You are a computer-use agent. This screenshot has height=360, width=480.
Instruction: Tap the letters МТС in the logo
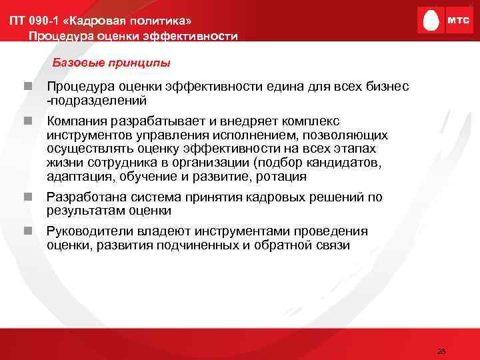tap(457, 21)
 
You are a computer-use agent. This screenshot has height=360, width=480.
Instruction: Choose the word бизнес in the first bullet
tap(387, 87)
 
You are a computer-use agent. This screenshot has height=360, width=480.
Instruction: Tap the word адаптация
tap(76, 177)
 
